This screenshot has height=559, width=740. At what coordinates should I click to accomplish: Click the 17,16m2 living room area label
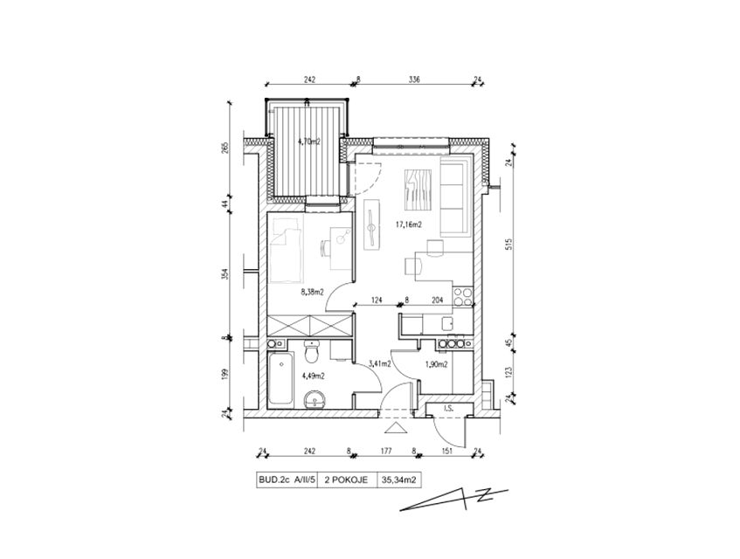coord(408,225)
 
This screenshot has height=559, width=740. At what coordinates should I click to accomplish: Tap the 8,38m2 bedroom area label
coord(313,292)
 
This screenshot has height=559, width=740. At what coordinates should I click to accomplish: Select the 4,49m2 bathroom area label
coord(313,376)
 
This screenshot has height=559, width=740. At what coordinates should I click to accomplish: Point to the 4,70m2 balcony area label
coord(309,141)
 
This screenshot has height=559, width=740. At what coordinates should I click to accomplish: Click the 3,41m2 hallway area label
coord(379,363)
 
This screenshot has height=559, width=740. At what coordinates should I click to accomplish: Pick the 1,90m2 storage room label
coord(436,364)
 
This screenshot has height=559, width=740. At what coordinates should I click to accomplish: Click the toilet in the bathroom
coord(311,351)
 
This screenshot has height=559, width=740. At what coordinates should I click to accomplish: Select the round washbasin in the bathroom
coord(315,400)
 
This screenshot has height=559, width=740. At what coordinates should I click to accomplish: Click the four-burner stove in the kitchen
coord(462,296)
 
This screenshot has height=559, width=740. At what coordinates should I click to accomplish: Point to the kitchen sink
coord(447,323)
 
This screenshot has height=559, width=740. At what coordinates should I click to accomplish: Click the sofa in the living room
coord(455,197)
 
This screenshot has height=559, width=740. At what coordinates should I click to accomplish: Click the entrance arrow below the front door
coord(396,428)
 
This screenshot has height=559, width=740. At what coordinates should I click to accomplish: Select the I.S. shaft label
coord(447,409)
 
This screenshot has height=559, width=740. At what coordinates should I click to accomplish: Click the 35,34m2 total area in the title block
coord(398,480)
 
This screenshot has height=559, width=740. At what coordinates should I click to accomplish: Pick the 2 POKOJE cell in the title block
coord(346,480)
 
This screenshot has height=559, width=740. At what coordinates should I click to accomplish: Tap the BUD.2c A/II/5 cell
coord(287,480)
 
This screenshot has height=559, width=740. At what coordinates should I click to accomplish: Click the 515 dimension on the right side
coord(508,244)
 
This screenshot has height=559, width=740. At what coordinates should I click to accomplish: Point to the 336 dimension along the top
coord(414,79)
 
